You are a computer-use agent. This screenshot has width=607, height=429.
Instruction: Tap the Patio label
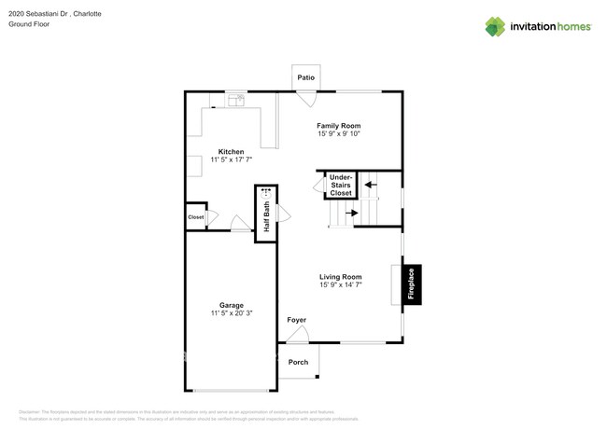click(x=305, y=77)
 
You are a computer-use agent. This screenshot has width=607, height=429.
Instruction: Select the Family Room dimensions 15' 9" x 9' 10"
click(x=338, y=134)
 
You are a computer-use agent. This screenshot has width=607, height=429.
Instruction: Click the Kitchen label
click(x=232, y=151)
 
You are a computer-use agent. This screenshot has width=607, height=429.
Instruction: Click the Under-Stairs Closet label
click(x=341, y=185)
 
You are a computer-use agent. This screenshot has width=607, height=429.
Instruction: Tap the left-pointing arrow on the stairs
click(x=370, y=185)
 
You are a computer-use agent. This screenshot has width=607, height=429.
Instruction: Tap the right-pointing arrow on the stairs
click(x=352, y=214)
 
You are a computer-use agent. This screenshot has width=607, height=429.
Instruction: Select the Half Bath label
click(x=266, y=216)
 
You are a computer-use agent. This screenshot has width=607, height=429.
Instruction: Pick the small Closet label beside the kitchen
click(x=195, y=217)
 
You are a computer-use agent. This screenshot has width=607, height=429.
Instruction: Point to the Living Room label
click(x=340, y=276)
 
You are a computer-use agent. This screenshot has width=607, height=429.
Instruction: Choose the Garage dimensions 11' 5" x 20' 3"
click(x=232, y=313)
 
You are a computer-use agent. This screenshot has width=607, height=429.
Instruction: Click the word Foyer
click(x=296, y=320)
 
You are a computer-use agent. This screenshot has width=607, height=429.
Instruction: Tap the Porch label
click(x=298, y=362)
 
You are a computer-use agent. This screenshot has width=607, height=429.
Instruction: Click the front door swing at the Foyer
click(x=298, y=335)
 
